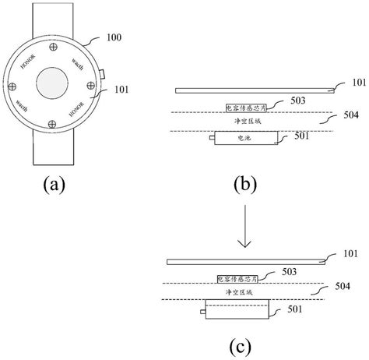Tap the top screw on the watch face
coord(54,48)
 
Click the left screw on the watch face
coord(18,85)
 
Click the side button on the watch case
coord(102,75)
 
